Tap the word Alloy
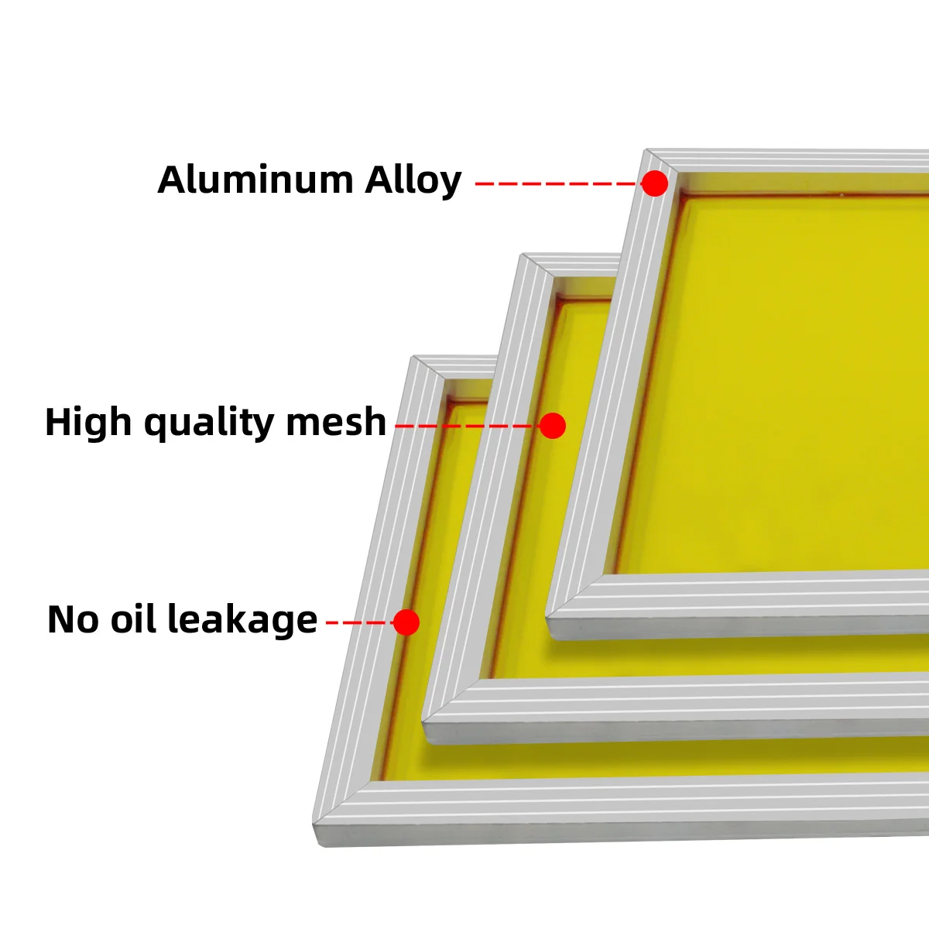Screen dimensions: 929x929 point(413,181)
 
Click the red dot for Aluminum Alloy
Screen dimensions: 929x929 point(655,183)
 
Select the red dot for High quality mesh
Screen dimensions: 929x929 point(552,426)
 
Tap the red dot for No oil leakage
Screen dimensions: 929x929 point(406,622)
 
